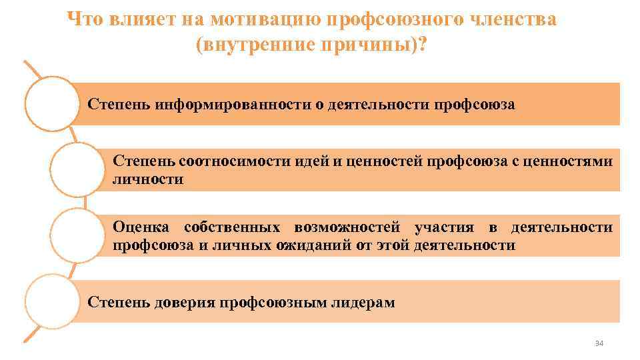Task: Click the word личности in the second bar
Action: (x=148, y=179)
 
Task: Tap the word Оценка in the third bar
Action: (x=141, y=227)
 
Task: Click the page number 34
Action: (x=598, y=343)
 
